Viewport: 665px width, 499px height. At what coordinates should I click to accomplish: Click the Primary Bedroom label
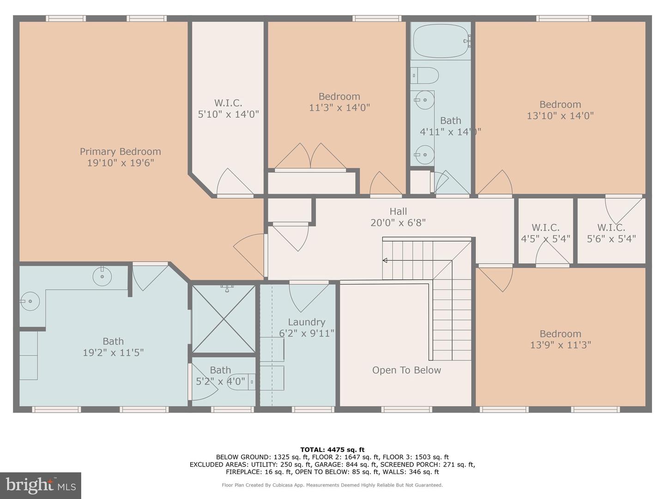tap(120, 152)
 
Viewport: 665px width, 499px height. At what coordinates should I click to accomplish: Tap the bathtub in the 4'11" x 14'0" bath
tap(441, 42)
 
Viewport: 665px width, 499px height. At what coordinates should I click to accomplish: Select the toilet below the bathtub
tap(425, 75)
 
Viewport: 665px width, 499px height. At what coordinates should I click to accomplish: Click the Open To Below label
tap(406, 370)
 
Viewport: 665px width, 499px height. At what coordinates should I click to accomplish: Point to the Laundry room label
tap(306, 322)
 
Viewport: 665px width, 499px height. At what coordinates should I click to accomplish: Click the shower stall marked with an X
tap(224, 319)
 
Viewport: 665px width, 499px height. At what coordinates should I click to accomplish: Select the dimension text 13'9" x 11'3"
tap(560, 345)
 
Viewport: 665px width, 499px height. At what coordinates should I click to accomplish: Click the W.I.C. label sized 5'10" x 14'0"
tap(228, 103)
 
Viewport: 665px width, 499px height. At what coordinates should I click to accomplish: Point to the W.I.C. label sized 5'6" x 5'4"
tap(611, 227)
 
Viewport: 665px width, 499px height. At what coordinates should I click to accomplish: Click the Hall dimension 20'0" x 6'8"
tap(398, 223)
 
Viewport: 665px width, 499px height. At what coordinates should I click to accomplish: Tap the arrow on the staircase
tap(385, 261)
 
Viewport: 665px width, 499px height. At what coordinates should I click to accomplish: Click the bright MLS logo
tap(41, 485)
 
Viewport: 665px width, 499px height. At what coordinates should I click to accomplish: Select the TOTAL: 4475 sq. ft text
tap(332, 449)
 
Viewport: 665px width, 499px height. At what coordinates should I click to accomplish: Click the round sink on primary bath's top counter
tap(102, 277)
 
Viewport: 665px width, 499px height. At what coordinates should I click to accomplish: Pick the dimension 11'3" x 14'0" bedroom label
tap(339, 108)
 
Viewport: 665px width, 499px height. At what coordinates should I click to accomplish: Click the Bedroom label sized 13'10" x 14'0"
tap(560, 104)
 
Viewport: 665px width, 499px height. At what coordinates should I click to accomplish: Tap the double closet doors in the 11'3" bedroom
tap(310, 157)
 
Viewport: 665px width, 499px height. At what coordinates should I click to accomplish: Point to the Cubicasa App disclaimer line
tap(332, 485)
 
